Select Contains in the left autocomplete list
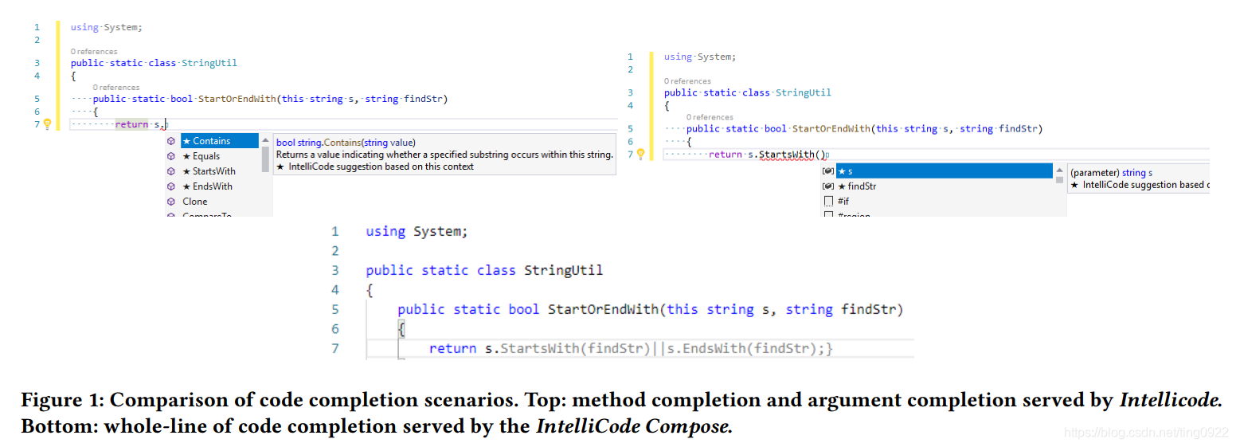211,141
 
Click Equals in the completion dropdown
206,156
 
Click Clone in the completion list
195,202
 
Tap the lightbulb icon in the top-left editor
47,124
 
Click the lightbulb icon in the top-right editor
640,154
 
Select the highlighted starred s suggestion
850,171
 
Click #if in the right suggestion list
843,201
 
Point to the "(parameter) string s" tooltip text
1111,172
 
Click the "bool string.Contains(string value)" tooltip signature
346,143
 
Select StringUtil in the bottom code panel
563,270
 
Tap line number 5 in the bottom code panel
334,309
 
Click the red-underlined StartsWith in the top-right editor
787,154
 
